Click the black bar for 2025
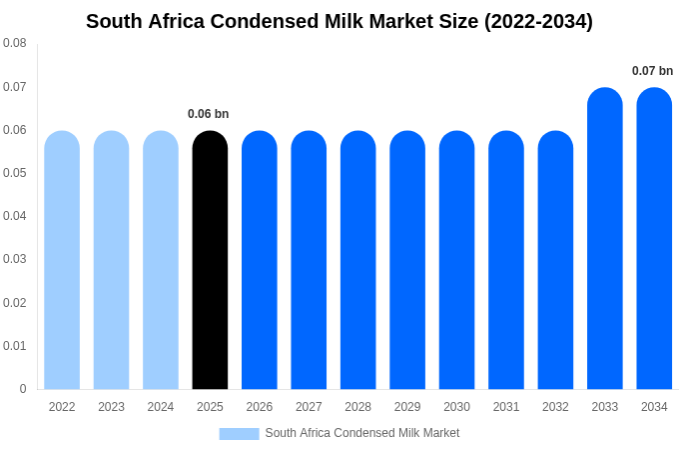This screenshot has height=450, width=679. click(210, 260)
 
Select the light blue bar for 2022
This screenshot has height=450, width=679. click(62, 260)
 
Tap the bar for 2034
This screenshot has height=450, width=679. click(654, 240)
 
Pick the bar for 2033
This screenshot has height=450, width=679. click(605, 240)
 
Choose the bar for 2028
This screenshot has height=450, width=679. click(357, 260)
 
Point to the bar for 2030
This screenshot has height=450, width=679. click(456, 260)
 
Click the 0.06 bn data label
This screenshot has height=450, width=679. click(209, 114)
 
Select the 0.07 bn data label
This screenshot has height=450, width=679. click(652, 71)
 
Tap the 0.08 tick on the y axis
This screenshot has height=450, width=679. click(15, 43)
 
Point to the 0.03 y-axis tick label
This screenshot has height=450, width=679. click(15, 259)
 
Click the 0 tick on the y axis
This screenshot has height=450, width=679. click(23, 389)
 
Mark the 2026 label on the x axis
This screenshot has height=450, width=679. click(260, 407)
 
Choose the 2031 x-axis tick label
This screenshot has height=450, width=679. click(506, 407)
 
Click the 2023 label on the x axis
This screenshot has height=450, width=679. click(111, 407)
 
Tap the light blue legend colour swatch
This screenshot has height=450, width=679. click(239, 434)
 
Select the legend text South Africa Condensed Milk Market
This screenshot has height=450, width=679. click(362, 433)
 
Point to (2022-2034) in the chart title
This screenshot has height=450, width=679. click(538, 21)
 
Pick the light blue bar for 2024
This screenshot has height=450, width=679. click(161, 260)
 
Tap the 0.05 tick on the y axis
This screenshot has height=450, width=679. click(15, 173)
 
